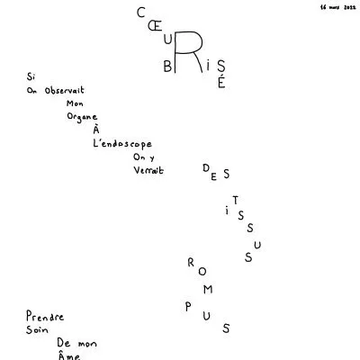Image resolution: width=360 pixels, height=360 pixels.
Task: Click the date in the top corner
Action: pyautogui.click(x=337, y=7)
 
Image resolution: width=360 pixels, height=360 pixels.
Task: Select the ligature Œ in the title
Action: pyautogui.click(x=155, y=27)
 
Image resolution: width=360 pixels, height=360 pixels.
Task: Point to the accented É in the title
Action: pyautogui.click(x=221, y=82)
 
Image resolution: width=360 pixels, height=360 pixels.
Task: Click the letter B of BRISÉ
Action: pyautogui.click(x=167, y=67)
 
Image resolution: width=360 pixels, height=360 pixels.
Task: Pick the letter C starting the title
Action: pyautogui.click(x=140, y=13)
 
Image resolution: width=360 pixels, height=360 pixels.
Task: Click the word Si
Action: pyautogui.click(x=31, y=76)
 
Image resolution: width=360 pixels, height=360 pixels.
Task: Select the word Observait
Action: pyautogui.click(x=65, y=90)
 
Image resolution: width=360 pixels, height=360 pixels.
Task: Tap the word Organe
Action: pyautogui.click(x=82, y=117)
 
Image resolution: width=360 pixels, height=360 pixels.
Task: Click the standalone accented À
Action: pyautogui.click(x=96, y=130)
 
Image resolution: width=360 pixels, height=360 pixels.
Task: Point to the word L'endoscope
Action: pyautogui.click(x=122, y=144)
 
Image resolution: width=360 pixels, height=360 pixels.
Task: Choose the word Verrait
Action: pyautogui.click(x=148, y=170)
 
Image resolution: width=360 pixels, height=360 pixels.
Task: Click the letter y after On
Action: pyautogui.click(x=152, y=157)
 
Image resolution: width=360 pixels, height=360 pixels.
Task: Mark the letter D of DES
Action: pyautogui.click(x=206, y=168)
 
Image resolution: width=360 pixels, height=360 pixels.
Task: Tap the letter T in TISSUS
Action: pyautogui.click(x=236, y=200)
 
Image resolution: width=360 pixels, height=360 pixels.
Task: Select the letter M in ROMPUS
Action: pyautogui.click(x=208, y=289)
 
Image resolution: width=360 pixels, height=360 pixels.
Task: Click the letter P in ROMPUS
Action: pyautogui.click(x=188, y=307)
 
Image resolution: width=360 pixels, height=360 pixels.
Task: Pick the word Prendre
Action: pyautogui.click(x=45, y=316)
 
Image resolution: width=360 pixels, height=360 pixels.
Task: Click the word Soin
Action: pyautogui.click(x=37, y=329)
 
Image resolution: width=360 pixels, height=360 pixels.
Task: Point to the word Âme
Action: pyautogui.click(x=68, y=355)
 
